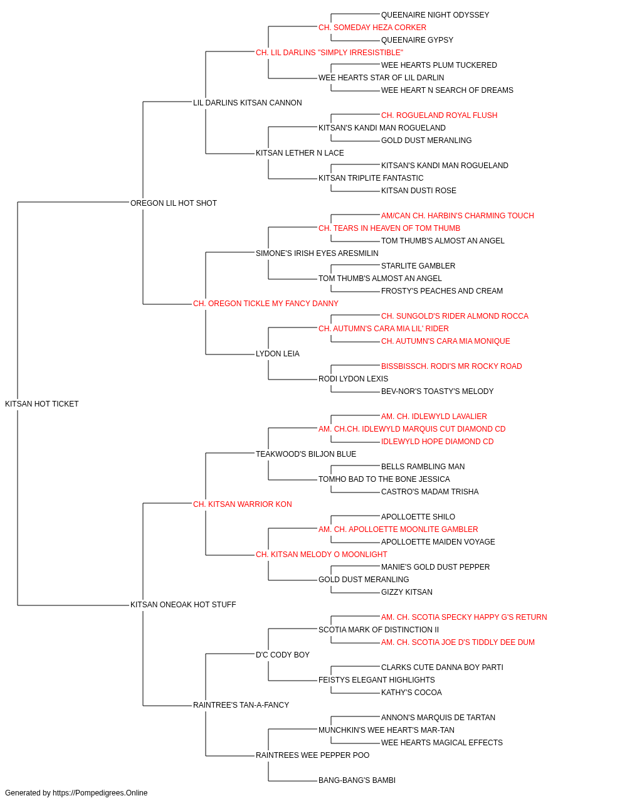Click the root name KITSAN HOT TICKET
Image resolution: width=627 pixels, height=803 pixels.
tap(42, 404)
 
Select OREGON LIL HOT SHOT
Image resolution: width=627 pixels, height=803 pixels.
tap(174, 203)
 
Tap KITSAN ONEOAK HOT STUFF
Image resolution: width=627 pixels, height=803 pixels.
tap(183, 605)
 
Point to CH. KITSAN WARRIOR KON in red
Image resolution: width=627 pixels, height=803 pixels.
tap(243, 504)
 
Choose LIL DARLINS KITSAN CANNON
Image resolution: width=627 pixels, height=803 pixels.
tap(248, 103)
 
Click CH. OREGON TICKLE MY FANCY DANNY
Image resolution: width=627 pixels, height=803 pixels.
tap(266, 304)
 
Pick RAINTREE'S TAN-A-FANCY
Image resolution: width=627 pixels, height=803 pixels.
tap(241, 705)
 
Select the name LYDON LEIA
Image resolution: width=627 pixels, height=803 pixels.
tap(278, 354)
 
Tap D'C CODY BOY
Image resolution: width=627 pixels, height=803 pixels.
tap(283, 655)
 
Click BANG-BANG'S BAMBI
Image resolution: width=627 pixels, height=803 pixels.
tap(357, 780)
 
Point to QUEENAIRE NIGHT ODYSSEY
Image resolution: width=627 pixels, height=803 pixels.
tap(435, 15)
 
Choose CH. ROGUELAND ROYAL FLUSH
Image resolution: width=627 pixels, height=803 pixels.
tap(440, 115)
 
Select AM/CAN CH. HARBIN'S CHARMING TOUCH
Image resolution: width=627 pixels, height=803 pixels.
tap(458, 215)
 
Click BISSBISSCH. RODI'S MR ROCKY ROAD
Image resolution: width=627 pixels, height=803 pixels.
tap(451, 366)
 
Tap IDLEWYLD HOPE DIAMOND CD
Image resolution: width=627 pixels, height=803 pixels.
tap(438, 442)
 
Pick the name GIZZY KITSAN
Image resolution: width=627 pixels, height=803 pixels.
tap(407, 592)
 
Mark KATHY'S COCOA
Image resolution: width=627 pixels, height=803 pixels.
tap(412, 693)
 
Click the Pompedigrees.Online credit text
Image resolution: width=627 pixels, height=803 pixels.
tap(76, 793)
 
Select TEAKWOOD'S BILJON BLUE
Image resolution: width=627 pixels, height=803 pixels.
tap(306, 454)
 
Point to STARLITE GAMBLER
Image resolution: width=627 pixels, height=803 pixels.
tap(418, 266)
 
